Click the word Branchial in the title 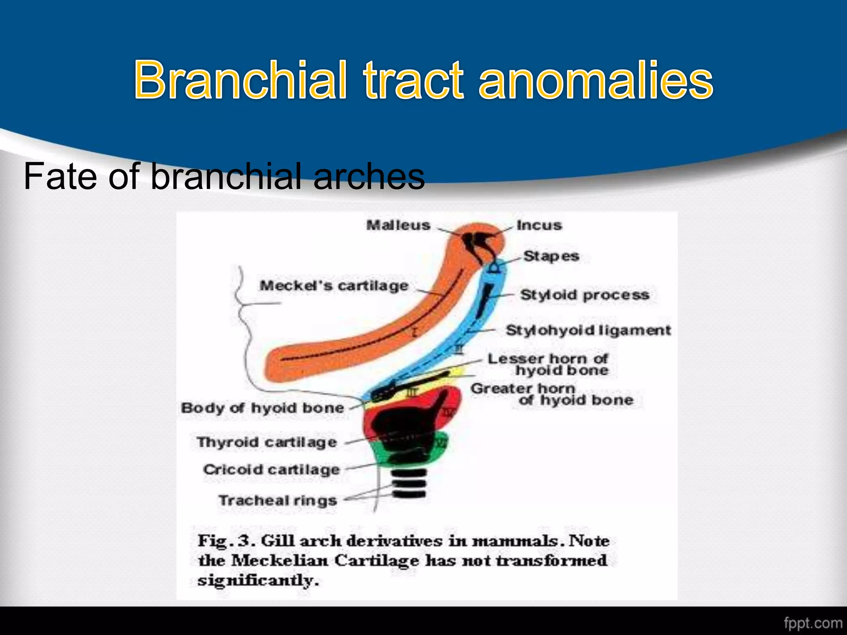[240, 79]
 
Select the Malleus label [398, 225]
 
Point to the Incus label [539, 225]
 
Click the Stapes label [551, 256]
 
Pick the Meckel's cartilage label [334, 286]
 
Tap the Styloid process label [585, 295]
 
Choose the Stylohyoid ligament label [588, 330]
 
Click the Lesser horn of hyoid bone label [548, 364]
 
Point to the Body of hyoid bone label [263, 408]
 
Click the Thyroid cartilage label [267, 442]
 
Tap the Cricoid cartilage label [272, 470]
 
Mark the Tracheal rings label [278, 500]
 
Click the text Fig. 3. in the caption [224, 541]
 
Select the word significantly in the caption [258, 580]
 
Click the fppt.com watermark [812, 623]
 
